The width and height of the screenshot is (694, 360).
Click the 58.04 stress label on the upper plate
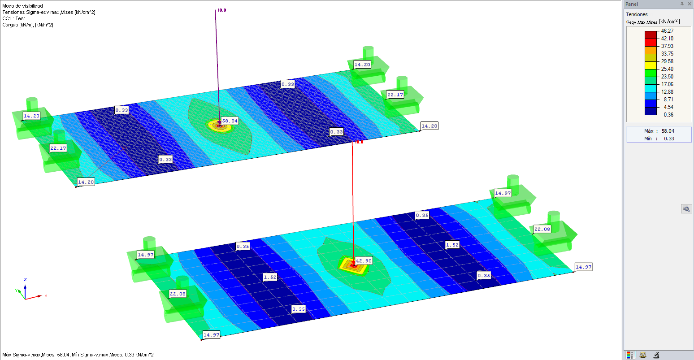pos(230,121)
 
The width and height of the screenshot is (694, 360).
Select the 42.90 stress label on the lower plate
pos(364,261)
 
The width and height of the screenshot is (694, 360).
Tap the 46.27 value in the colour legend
pos(667,30)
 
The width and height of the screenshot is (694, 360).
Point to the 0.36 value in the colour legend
pos(668,115)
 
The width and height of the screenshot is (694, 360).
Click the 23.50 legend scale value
pos(667,77)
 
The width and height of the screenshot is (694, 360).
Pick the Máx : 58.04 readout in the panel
pos(659,131)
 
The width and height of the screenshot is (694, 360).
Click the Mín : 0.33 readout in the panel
pos(659,139)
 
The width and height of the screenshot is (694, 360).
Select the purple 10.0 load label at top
pos(222,10)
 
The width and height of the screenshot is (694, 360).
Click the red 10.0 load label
pos(359,142)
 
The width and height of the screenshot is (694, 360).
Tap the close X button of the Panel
pos(690,4)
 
